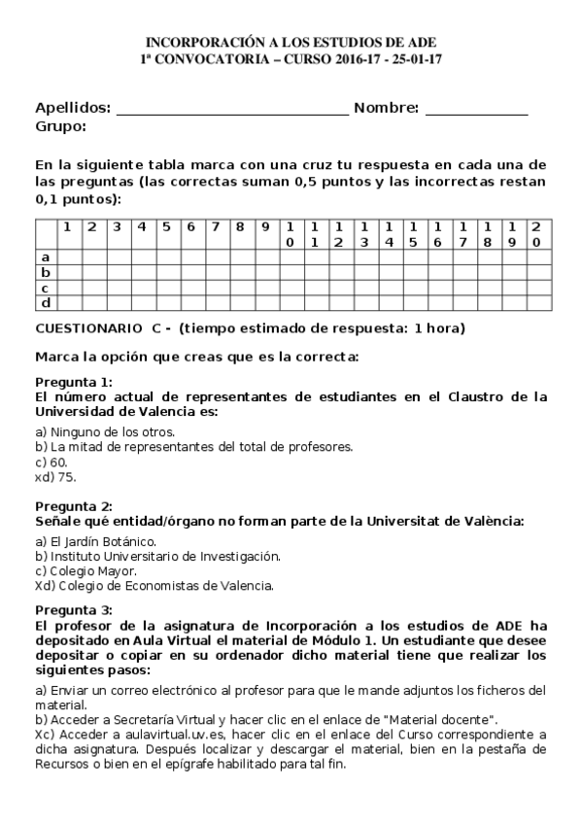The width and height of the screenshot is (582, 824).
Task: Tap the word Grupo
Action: tap(60, 126)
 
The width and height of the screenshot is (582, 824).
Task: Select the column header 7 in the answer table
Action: tap(215, 227)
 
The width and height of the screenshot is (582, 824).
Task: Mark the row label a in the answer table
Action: tap(45, 257)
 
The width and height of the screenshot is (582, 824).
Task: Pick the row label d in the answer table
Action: tap(45, 303)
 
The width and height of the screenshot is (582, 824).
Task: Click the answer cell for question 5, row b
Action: tap(165, 272)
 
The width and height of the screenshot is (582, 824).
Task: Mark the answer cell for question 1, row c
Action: tap(67, 288)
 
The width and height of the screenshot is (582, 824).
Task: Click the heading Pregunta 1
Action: tap(73, 382)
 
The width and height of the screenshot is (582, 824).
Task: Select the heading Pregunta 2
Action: tap(73, 506)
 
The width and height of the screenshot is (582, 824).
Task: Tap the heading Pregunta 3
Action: tap(73, 609)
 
